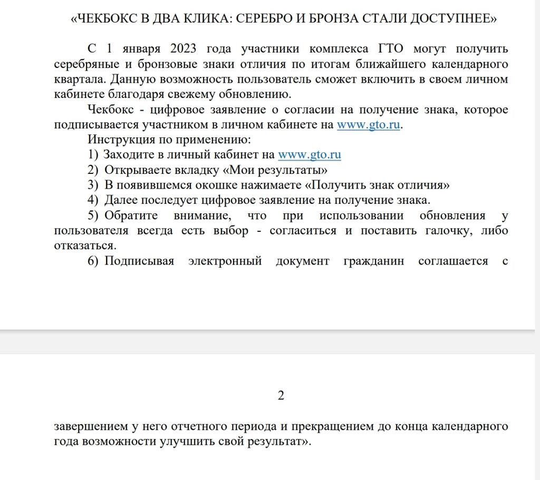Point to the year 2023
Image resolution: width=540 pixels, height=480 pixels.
coord(184,50)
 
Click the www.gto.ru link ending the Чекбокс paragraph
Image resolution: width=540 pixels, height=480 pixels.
coord(368,125)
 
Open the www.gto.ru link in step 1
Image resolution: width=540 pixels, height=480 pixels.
coord(309,155)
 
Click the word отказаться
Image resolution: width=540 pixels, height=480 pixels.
coord(83,246)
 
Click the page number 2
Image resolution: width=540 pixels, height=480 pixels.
coord(281,396)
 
